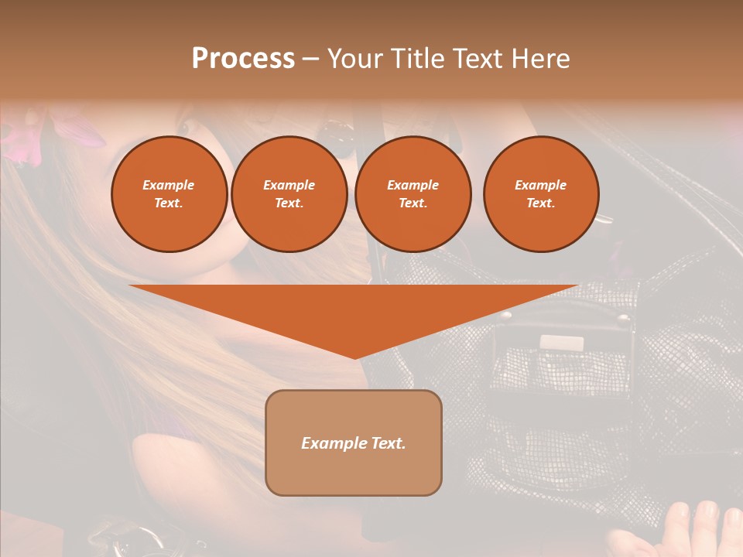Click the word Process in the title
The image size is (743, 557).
click(x=243, y=59)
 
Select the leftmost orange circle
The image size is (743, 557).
click(x=169, y=194)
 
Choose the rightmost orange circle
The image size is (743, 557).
click(x=541, y=194)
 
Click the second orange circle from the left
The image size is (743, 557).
click(x=289, y=194)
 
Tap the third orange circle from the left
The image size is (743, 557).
click(x=413, y=194)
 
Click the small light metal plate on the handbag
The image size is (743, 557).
click(x=561, y=343)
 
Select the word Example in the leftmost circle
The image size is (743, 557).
click(x=169, y=185)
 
